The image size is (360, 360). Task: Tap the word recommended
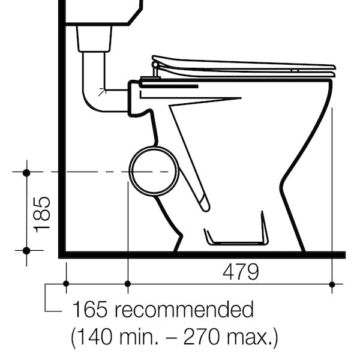[x=185, y=310]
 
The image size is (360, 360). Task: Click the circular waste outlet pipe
[x=154, y=172]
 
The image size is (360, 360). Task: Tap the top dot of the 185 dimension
[x=26, y=173]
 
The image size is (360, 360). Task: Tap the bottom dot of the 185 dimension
[x=26, y=250]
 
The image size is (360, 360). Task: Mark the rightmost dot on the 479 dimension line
[x=332, y=283]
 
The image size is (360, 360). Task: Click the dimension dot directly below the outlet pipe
[x=127, y=283]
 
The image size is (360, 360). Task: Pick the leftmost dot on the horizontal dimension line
[x=65, y=283]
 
